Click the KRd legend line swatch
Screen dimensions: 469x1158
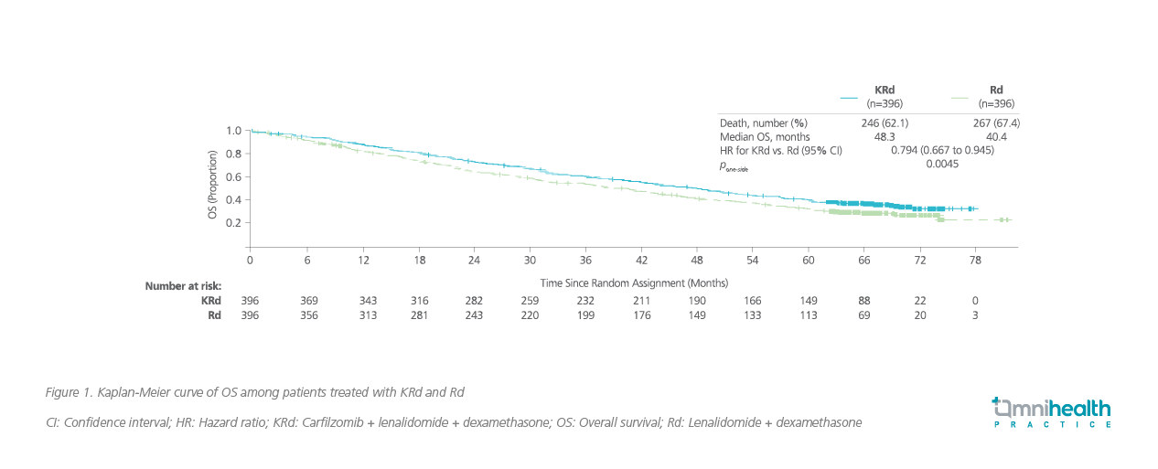[848, 97]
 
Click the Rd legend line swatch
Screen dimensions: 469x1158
[960, 97]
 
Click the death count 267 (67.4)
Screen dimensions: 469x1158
[994, 123]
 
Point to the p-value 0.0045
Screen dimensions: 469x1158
[941, 163]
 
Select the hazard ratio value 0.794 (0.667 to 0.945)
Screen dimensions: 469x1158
[941, 150]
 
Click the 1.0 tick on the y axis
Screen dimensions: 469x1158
[233, 131]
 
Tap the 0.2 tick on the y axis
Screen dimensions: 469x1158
[233, 222]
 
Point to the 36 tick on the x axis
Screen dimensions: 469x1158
[585, 261]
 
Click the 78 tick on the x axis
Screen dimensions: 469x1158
[976, 261]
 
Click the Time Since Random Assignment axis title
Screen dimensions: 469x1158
[634, 283]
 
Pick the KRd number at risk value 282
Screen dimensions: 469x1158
[474, 300]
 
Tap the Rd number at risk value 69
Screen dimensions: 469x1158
[863, 315]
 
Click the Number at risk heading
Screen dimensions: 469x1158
[183, 286]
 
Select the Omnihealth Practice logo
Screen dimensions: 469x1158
[1051, 412]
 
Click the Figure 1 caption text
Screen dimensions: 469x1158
[254, 392]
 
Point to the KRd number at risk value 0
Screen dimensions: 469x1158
[976, 300]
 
